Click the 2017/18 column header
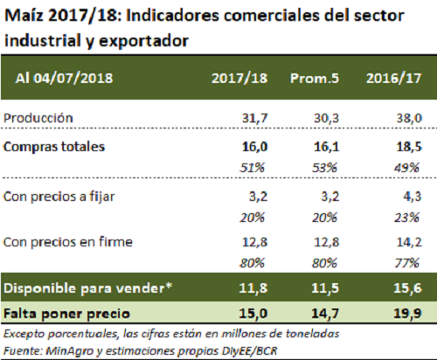pos(239,78)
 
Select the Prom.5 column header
pos(315,78)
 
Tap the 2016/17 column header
pos(393,78)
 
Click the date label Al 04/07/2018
pos(64,78)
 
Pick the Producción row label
pos(38,118)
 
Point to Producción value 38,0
pos(409,118)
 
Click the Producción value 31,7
pos(254,118)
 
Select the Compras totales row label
pos(54,147)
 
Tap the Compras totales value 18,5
pos(409,147)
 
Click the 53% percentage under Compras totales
pos(324,168)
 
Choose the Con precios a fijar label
pos(59,197)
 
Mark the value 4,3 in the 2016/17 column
pos(413,197)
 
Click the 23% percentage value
pos(406,218)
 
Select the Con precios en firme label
pos(68,242)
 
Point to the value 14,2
pos(409,242)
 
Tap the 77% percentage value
pos(406,263)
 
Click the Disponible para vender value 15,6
pos(407,288)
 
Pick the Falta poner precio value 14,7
pos(325,314)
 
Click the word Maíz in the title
pos(24,16)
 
